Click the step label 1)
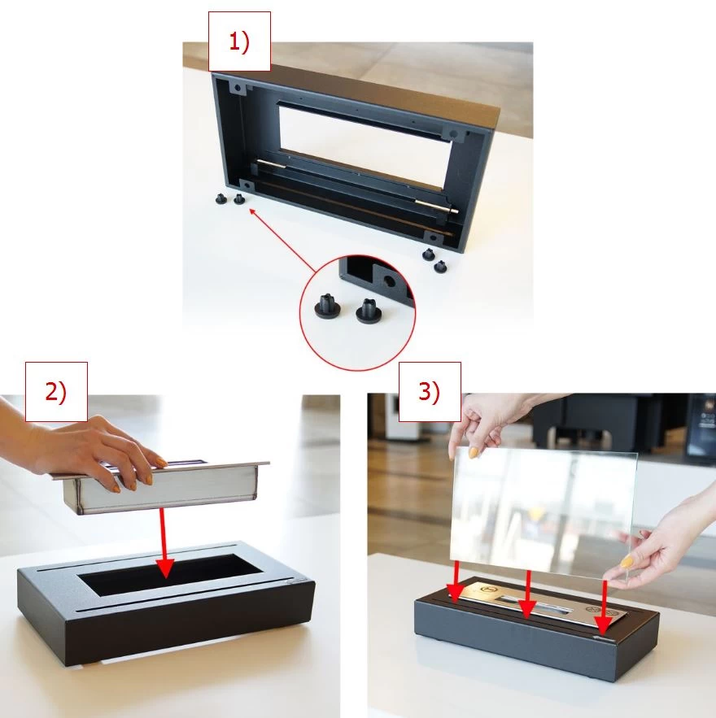tap(239, 42)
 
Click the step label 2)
tap(56, 393)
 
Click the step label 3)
tap(430, 392)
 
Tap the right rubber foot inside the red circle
tap(369, 311)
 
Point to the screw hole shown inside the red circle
tap(389, 281)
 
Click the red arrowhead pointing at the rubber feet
tap(253, 212)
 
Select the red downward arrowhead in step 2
tap(165, 568)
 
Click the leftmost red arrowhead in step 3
tap(455, 594)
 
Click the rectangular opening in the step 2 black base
tap(170, 574)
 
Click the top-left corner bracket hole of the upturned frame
tap(238, 88)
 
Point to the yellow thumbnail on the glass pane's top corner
tap(473, 453)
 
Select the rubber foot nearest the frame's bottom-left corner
tap(239, 199)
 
